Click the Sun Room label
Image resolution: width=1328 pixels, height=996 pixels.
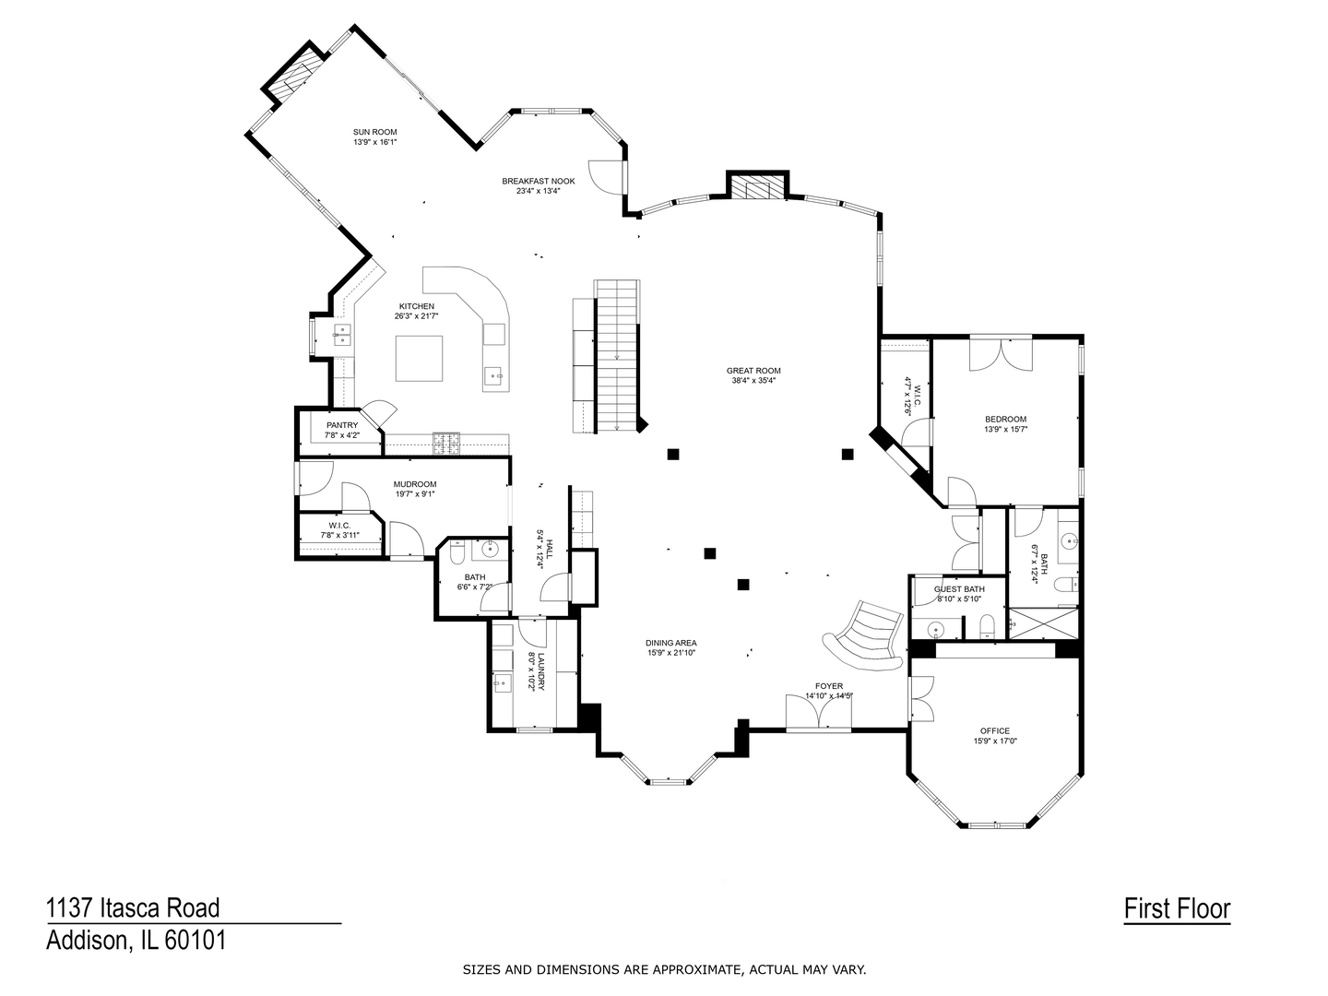[374, 132]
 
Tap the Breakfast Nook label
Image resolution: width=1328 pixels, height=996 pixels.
[538, 181]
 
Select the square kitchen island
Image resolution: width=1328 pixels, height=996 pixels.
[419, 358]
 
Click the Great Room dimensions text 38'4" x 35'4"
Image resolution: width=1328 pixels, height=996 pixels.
[755, 380]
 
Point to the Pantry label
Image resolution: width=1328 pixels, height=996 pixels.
[341, 425]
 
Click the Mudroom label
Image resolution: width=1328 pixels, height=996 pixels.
[414, 484]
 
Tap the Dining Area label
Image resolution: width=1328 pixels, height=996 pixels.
[670, 643]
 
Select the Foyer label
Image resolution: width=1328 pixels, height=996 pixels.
[828, 686]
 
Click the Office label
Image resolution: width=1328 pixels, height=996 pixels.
[994, 730]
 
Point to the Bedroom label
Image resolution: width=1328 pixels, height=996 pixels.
[1005, 419]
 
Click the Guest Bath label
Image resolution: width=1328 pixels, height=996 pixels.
[959, 589]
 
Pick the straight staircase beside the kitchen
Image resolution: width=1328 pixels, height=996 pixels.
[617, 355]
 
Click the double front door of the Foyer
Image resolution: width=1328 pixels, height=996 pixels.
[818, 713]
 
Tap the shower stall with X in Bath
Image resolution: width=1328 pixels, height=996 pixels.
[1043, 623]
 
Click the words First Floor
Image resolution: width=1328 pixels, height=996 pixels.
[1177, 908]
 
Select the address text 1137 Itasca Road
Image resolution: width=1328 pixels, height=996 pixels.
[133, 908]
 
